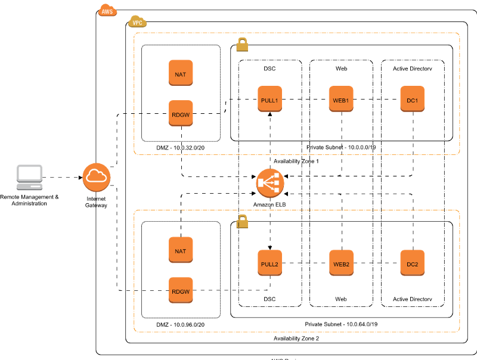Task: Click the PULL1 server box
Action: (270, 99)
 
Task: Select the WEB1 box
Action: (341, 99)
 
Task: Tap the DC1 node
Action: (412, 99)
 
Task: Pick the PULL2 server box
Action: (270, 263)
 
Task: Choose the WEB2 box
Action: (341, 263)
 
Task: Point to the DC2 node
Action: (412, 263)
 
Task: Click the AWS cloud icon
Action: (107, 11)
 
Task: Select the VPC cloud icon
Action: (138, 22)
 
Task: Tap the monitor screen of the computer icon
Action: (29, 173)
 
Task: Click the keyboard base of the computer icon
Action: (29, 187)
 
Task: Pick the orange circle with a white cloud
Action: (96, 177)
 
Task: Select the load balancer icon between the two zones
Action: (270, 183)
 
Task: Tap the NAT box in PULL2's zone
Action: (181, 250)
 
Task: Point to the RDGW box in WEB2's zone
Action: (181, 290)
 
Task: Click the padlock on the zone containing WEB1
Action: (242, 45)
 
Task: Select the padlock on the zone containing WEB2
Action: (242, 221)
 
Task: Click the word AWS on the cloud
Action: (107, 11)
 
